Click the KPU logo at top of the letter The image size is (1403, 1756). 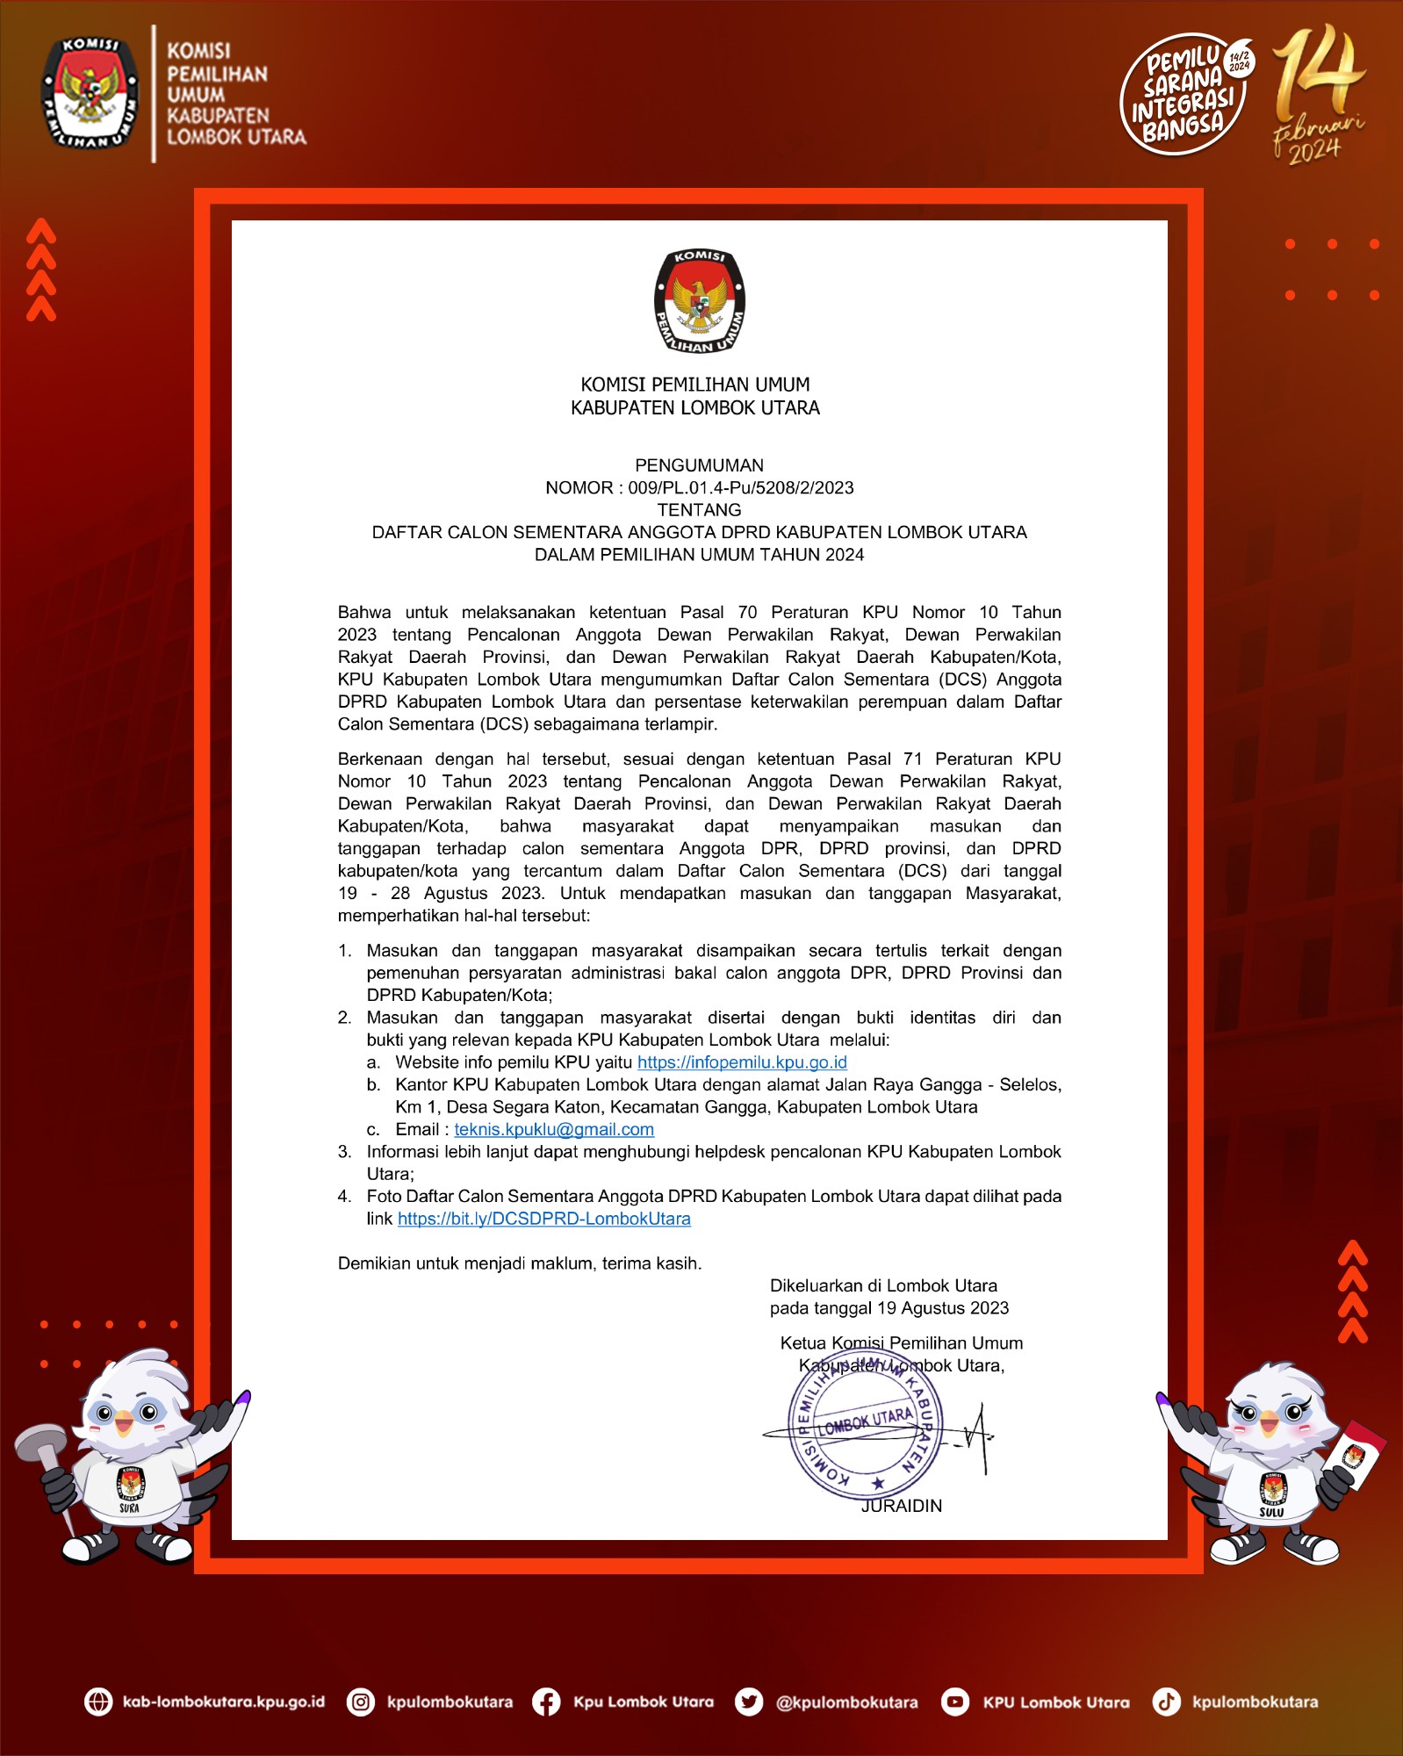[x=700, y=301]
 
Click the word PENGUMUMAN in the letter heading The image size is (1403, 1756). [x=699, y=465]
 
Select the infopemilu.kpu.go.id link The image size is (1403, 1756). [x=742, y=1062]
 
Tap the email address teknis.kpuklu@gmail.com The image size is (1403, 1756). [x=554, y=1129]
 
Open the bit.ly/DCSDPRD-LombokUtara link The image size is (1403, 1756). [x=543, y=1219]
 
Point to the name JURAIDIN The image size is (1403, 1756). [x=901, y=1506]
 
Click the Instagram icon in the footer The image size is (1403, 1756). [x=361, y=1702]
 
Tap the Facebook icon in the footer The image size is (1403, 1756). [x=546, y=1702]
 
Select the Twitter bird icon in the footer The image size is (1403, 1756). [x=748, y=1702]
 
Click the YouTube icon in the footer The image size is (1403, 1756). [x=954, y=1702]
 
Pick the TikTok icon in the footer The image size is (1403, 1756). [x=1166, y=1702]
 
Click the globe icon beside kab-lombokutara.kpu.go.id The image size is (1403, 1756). [x=98, y=1702]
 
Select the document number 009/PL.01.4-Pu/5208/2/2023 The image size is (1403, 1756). [x=740, y=488]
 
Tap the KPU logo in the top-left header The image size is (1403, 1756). [x=90, y=93]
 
